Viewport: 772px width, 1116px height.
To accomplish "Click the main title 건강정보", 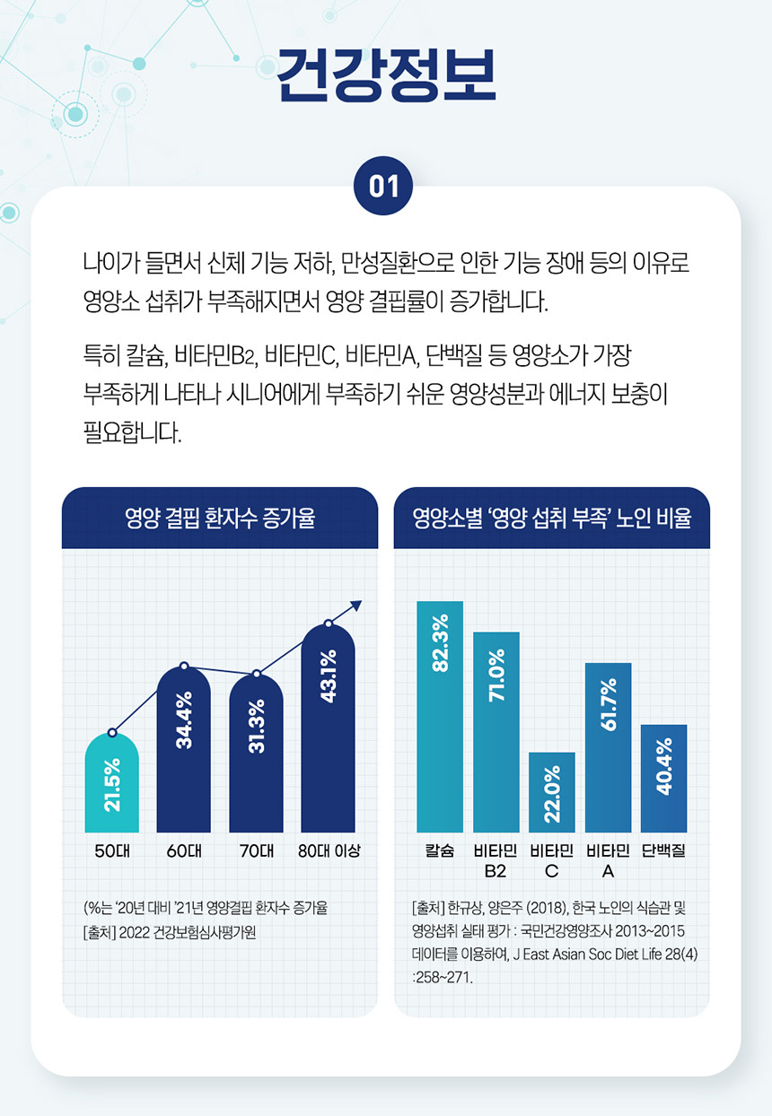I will [386, 74].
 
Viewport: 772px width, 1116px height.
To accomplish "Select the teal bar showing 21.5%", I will [111, 783].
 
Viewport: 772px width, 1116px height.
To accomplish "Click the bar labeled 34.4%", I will [184, 750].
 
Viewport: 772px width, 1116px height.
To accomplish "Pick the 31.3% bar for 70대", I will [256, 754].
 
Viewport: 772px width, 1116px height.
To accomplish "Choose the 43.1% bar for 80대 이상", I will [329, 728].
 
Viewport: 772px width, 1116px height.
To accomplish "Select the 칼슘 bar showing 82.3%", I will [440, 717].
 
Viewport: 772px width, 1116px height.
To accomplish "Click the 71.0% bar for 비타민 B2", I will [496, 732].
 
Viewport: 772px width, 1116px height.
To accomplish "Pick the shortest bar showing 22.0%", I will [552, 792].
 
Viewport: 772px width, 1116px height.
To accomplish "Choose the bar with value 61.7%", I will [608, 747].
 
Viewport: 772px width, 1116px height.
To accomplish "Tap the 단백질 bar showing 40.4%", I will [664, 778].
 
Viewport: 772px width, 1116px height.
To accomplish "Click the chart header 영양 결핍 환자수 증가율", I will [220, 519].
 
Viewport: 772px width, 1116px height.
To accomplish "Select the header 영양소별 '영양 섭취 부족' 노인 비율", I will [552, 519].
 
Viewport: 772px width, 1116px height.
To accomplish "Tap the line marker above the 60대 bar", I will [184, 666].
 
